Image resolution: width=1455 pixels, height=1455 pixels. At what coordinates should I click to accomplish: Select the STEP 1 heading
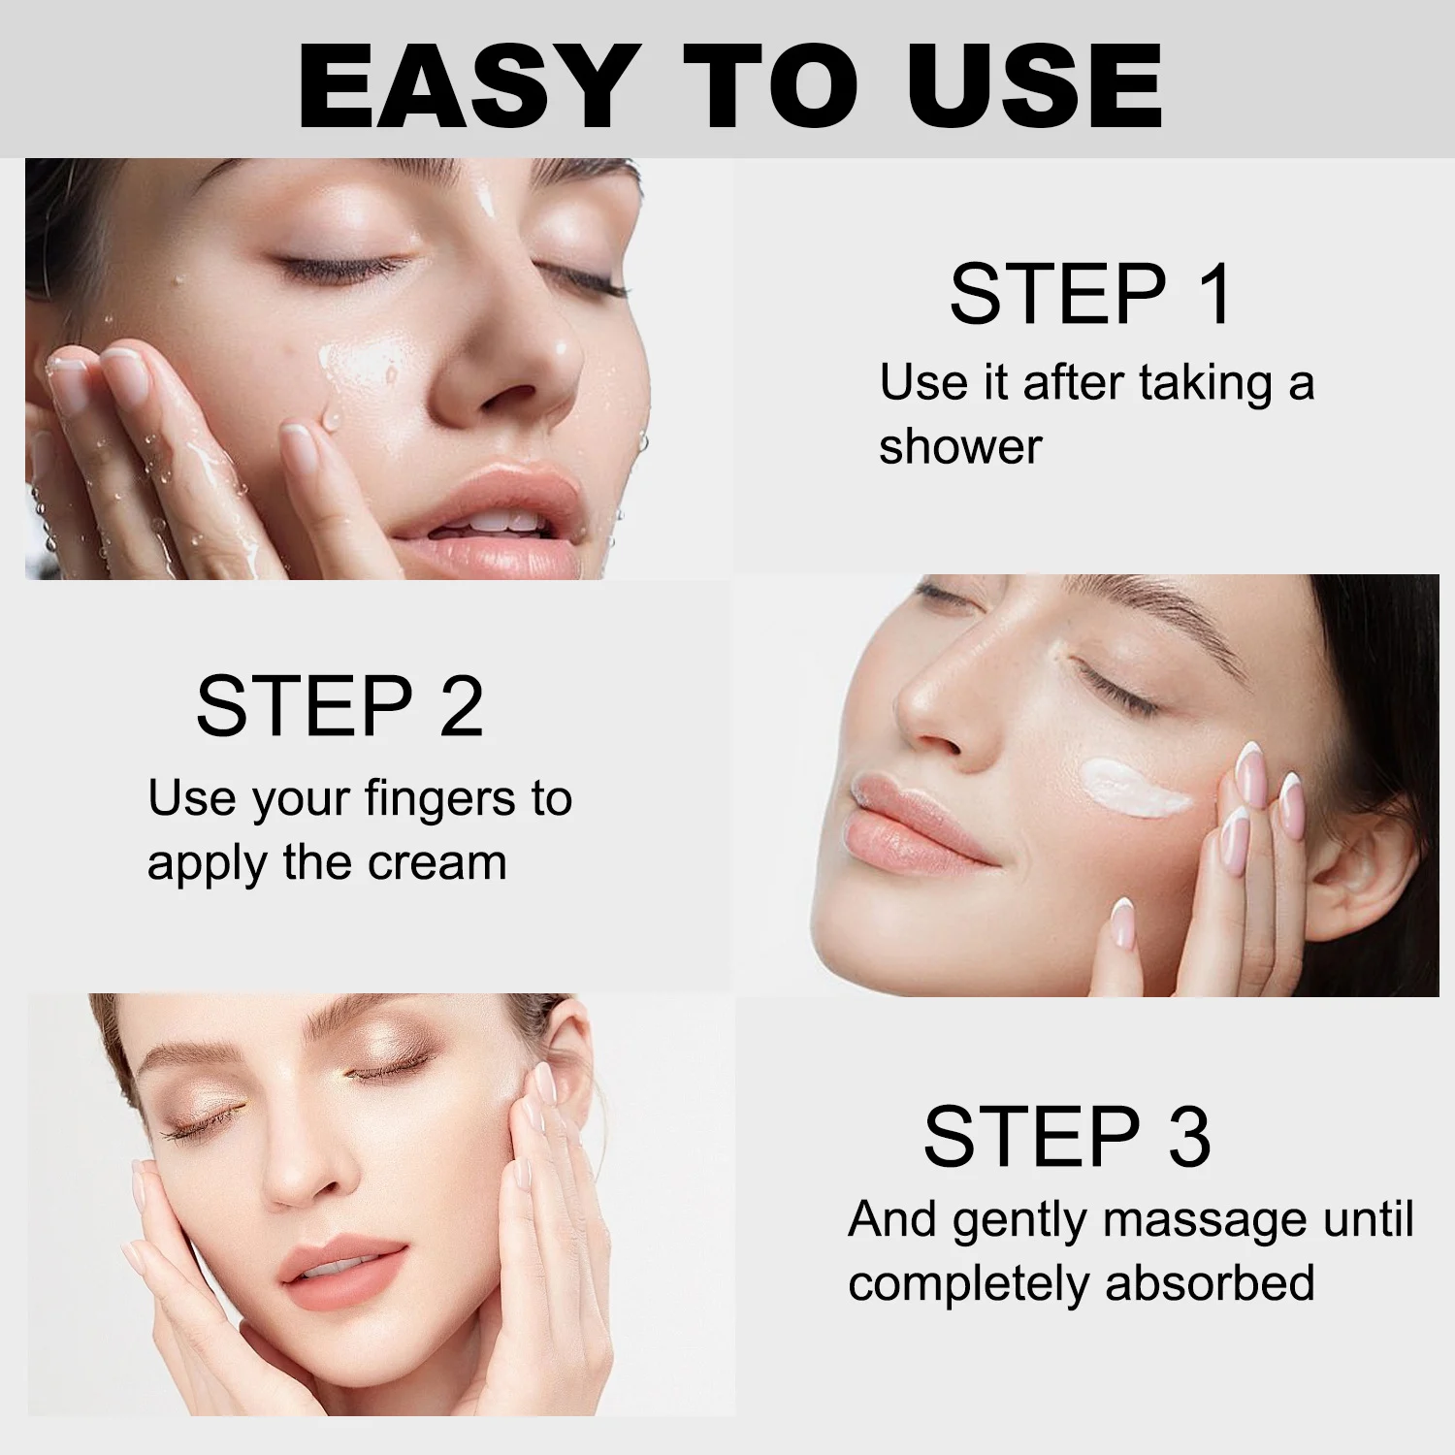coord(1090,294)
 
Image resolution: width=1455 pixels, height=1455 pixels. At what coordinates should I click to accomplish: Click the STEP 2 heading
coord(339,705)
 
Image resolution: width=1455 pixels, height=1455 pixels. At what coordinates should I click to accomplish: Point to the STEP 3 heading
coord(1067,1136)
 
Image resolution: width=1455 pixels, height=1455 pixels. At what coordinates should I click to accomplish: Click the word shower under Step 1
coord(959,446)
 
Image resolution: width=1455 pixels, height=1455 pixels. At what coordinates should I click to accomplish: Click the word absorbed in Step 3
coord(1210,1282)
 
